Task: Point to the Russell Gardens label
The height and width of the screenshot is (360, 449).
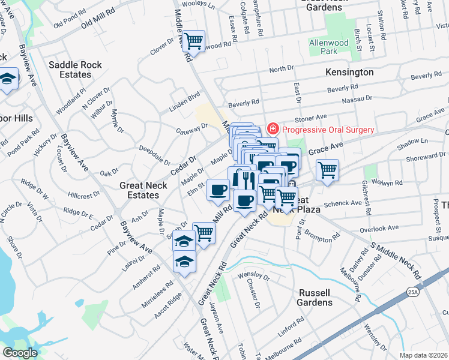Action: tap(315, 298)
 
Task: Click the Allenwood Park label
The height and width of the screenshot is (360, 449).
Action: tap(329, 47)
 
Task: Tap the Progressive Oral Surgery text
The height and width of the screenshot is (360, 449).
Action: tap(328, 130)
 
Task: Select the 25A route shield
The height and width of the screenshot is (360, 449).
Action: tap(415, 276)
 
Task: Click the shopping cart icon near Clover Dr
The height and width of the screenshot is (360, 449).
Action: tap(193, 41)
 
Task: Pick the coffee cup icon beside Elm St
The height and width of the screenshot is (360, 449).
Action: tap(218, 190)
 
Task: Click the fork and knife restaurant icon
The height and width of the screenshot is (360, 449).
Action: tap(245, 178)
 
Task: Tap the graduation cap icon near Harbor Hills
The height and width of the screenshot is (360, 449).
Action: tap(8, 79)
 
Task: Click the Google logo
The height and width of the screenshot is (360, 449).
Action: tap(20, 353)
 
